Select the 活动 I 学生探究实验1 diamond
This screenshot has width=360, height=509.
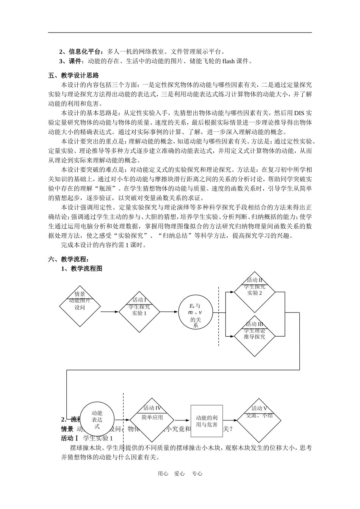[139, 312]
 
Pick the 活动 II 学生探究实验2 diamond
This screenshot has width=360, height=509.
[254, 292]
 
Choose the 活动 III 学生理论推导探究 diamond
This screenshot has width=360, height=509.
[254, 336]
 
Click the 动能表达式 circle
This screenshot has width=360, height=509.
[97, 420]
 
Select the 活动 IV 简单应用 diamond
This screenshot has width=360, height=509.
[152, 420]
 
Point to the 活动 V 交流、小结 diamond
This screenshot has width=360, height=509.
[260, 420]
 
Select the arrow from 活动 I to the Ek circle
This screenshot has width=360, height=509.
[169, 312]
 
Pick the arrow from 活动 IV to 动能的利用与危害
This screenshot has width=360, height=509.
[182, 420]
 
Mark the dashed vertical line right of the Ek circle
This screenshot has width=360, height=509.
[219, 316]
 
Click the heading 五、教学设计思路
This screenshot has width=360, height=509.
[74, 75]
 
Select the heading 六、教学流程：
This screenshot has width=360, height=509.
[69, 259]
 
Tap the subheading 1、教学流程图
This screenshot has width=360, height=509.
[82, 269]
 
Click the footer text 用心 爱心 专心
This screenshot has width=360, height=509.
[180, 473]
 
